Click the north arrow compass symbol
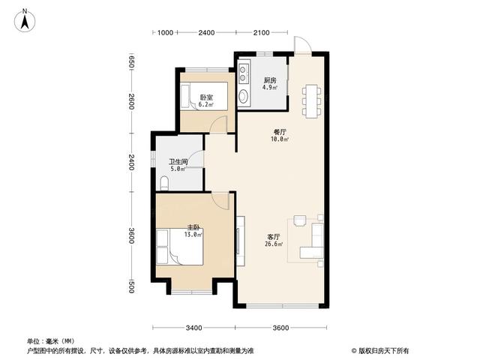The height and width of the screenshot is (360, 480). tap(25, 20)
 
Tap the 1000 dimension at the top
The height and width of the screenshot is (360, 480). tap(165, 33)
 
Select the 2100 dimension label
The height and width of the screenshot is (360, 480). tap(262, 33)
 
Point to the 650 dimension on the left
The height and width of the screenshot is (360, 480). tap(131, 62)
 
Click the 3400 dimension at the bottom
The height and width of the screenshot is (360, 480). tap(193, 328)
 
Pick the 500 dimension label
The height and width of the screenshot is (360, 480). tap(131, 286)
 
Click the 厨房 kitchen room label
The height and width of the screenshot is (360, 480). tap(270, 80)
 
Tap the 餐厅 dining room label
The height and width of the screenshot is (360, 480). tap(280, 132)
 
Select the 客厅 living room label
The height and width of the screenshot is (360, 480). tap(274, 237)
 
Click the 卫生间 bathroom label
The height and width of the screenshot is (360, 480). tap(178, 162)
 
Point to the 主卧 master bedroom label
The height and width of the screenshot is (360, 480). tap(193, 227)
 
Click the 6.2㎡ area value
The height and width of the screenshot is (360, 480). tap(205, 104)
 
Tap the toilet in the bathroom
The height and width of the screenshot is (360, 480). tap(164, 183)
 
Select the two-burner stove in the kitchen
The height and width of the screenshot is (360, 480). tap(243, 73)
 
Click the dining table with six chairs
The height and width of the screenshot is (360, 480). tap(312, 100)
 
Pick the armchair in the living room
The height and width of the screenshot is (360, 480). tap(300, 220)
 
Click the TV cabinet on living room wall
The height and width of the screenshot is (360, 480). tap(241, 241)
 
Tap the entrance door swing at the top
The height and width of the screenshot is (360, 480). tap(302, 45)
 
